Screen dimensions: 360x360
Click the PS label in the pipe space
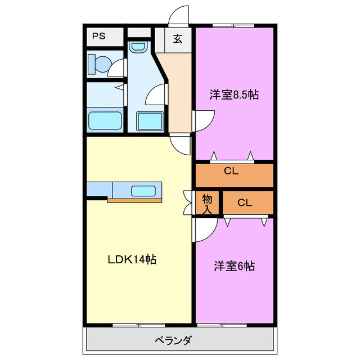99,37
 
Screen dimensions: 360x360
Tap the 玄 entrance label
178,39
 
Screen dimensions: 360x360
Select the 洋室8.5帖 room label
234,94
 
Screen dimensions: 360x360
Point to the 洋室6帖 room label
234,266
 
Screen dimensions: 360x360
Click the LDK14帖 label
132,259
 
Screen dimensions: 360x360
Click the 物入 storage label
207,204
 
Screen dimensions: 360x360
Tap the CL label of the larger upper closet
231,172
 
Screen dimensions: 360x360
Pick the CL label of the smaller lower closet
245,203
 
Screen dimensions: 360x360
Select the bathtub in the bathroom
105,120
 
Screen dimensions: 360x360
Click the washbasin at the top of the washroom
137,47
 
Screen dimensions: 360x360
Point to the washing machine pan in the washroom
150,121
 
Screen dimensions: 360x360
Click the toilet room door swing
117,68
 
